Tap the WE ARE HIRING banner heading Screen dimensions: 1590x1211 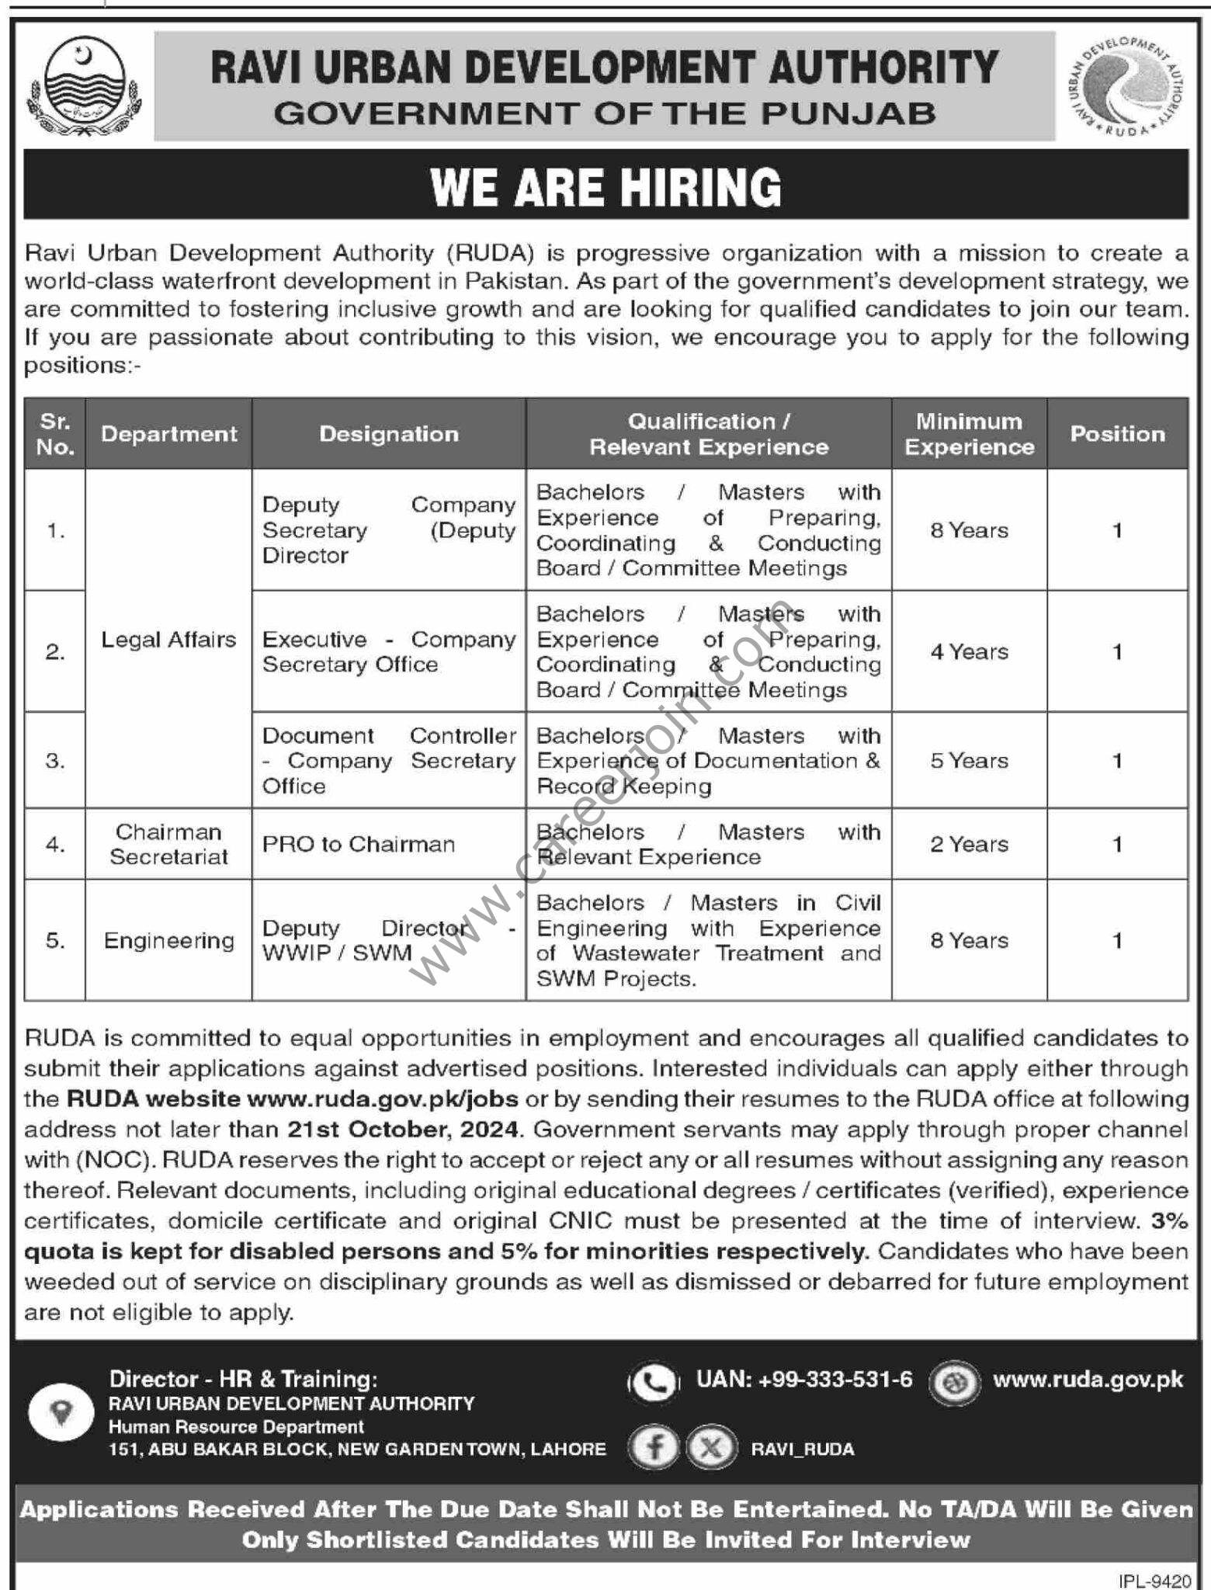pos(605,187)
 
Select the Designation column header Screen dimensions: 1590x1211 pos(389,434)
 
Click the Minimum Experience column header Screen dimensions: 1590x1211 pos(969,434)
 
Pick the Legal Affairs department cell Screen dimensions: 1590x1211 pos(168,639)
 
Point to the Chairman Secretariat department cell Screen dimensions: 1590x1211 pos(168,844)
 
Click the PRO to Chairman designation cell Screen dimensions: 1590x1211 pos(359,844)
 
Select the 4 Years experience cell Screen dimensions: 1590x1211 pos(969,651)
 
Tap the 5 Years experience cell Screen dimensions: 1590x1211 pos(969,760)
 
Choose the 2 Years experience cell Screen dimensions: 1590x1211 pos(969,844)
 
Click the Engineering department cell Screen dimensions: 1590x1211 pos(168,940)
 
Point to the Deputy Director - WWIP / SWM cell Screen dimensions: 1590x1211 pos(388,940)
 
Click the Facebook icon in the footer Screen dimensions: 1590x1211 pos(654,1449)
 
